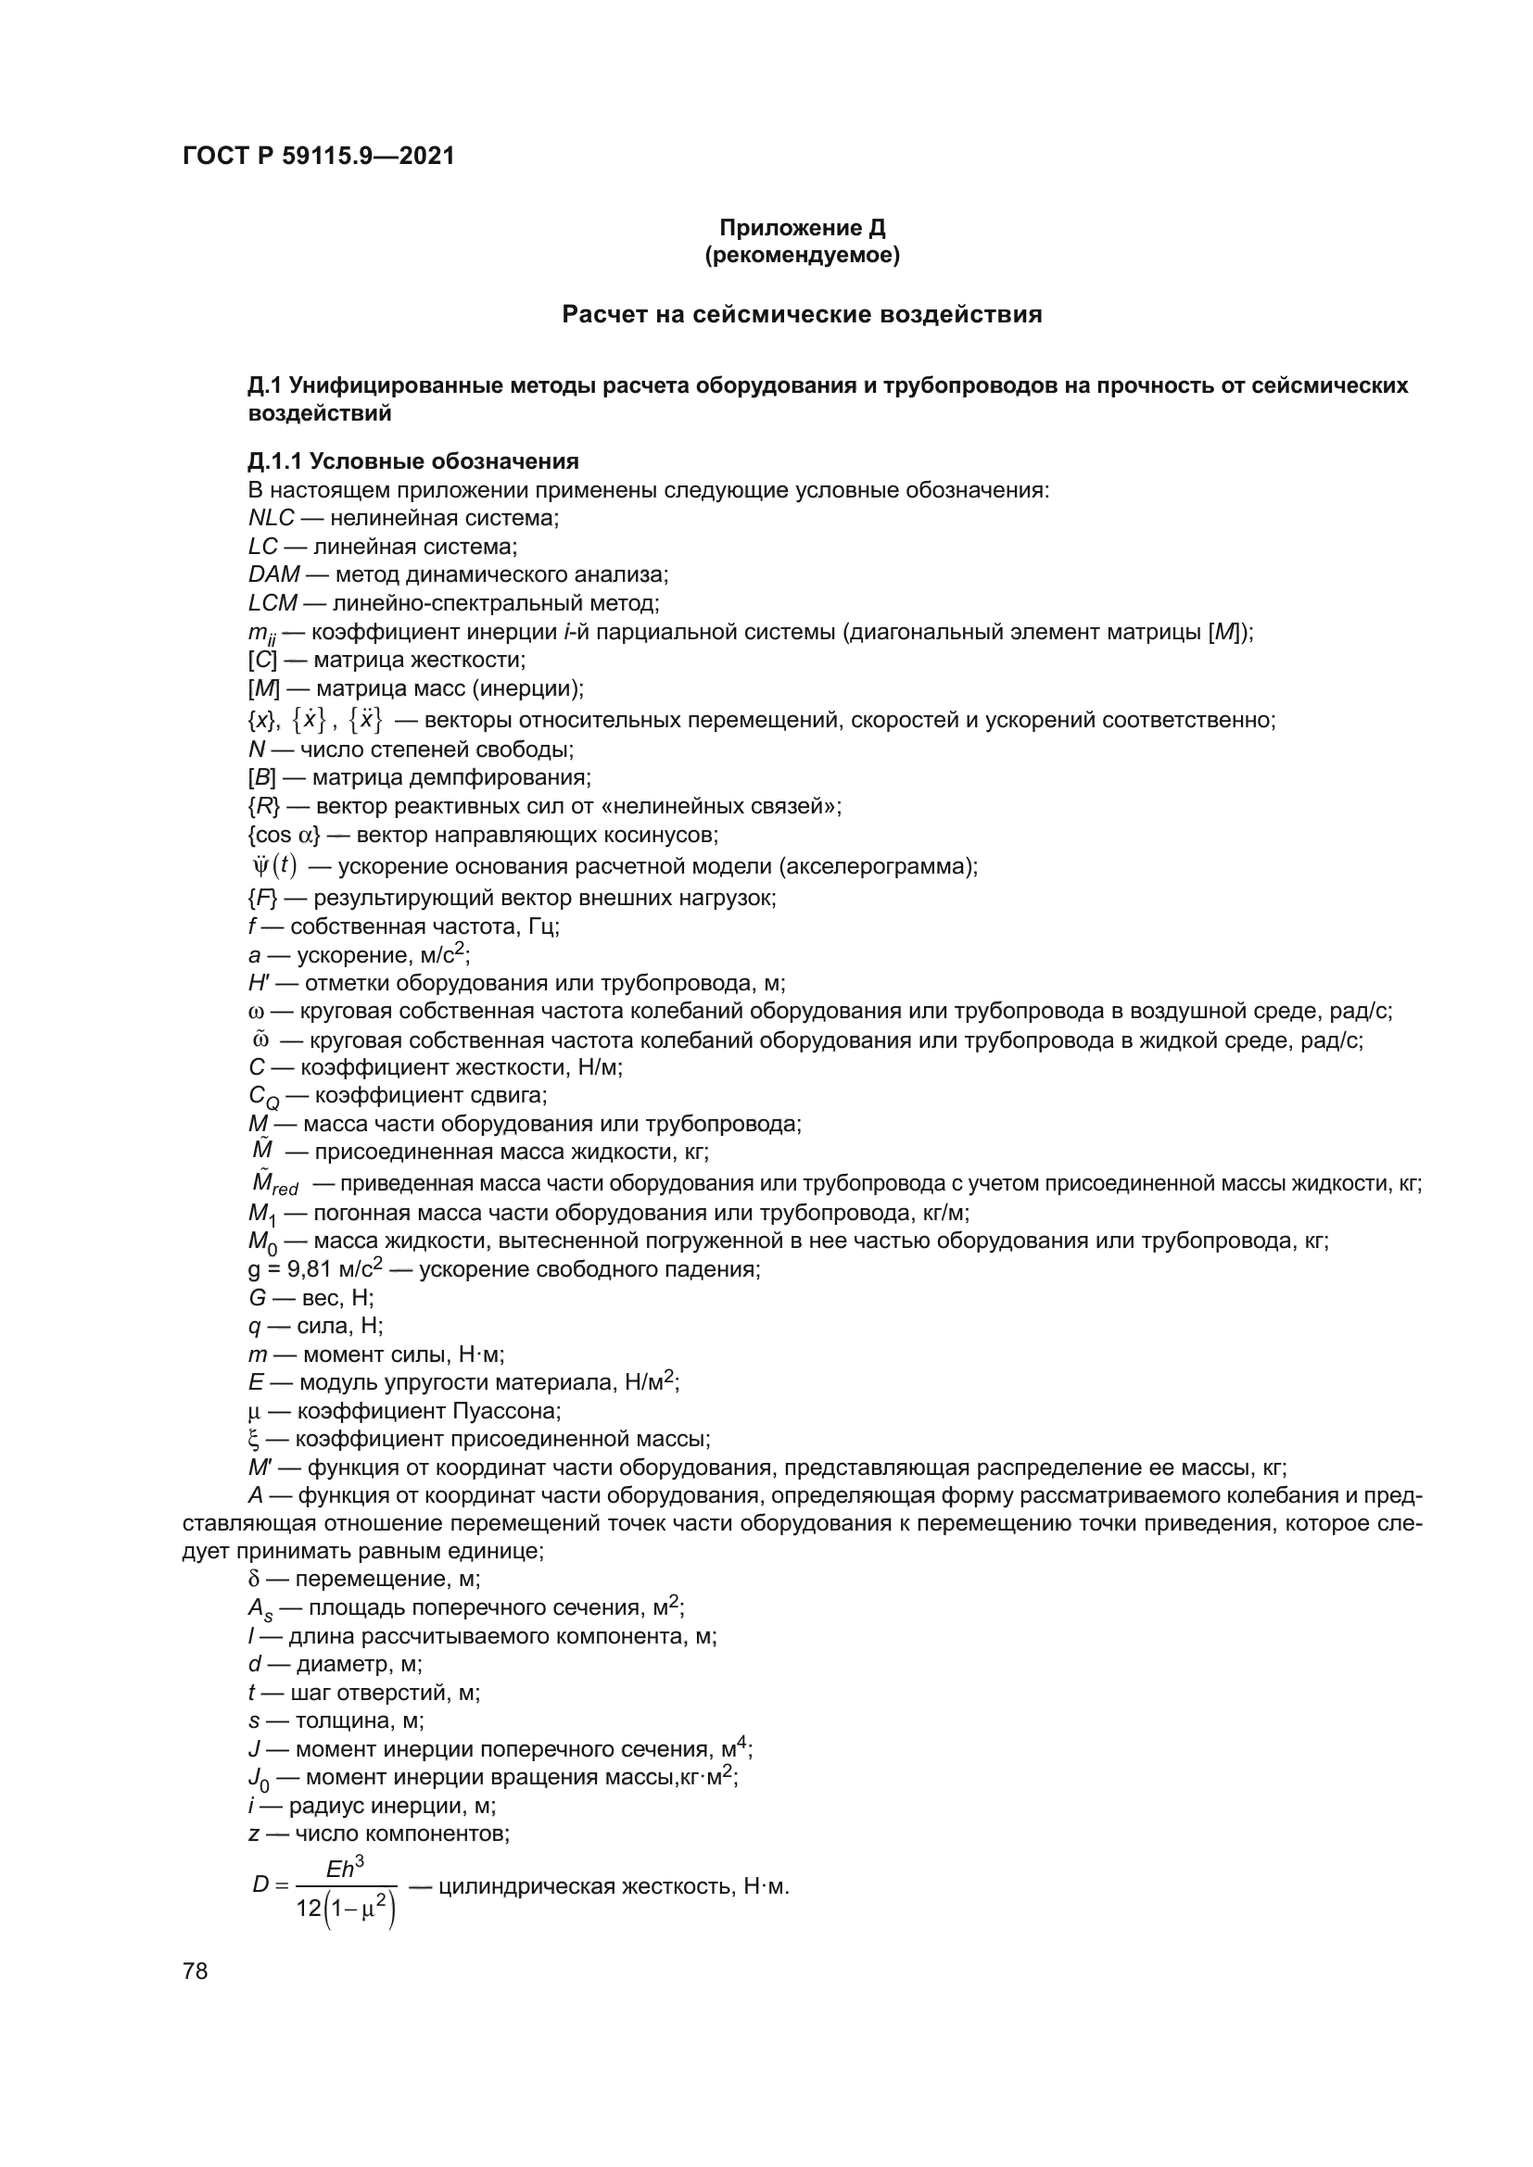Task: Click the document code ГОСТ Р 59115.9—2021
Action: (x=318, y=156)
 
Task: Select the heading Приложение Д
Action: (x=803, y=228)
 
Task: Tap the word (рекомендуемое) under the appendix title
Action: (x=803, y=255)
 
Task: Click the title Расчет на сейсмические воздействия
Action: (x=803, y=314)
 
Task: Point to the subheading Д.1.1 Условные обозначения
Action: (x=413, y=461)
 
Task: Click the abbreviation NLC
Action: (x=271, y=518)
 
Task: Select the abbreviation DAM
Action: (x=273, y=574)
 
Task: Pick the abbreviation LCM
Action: (x=272, y=603)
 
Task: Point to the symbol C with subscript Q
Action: (x=263, y=1097)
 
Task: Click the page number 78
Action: (x=196, y=1971)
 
